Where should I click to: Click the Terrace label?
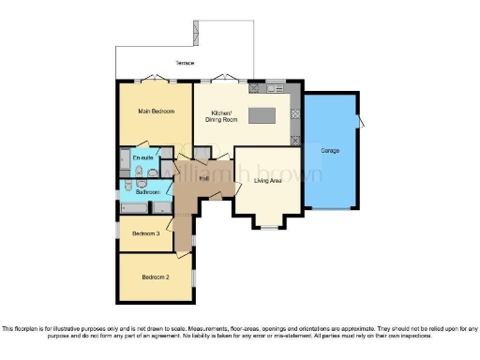pyautogui.click(x=185, y=63)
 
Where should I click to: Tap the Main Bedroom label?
pyautogui.click(x=157, y=112)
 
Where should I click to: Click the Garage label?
pyautogui.click(x=330, y=150)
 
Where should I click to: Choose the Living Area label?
pyautogui.click(x=268, y=180)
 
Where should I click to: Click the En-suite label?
pyautogui.click(x=142, y=157)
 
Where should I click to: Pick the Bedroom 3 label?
pyautogui.click(x=145, y=233)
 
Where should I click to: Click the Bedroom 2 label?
pyautogui.click(x=155, y=277)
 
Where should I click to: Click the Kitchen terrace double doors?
pyautogui.click(x=222, y=80)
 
